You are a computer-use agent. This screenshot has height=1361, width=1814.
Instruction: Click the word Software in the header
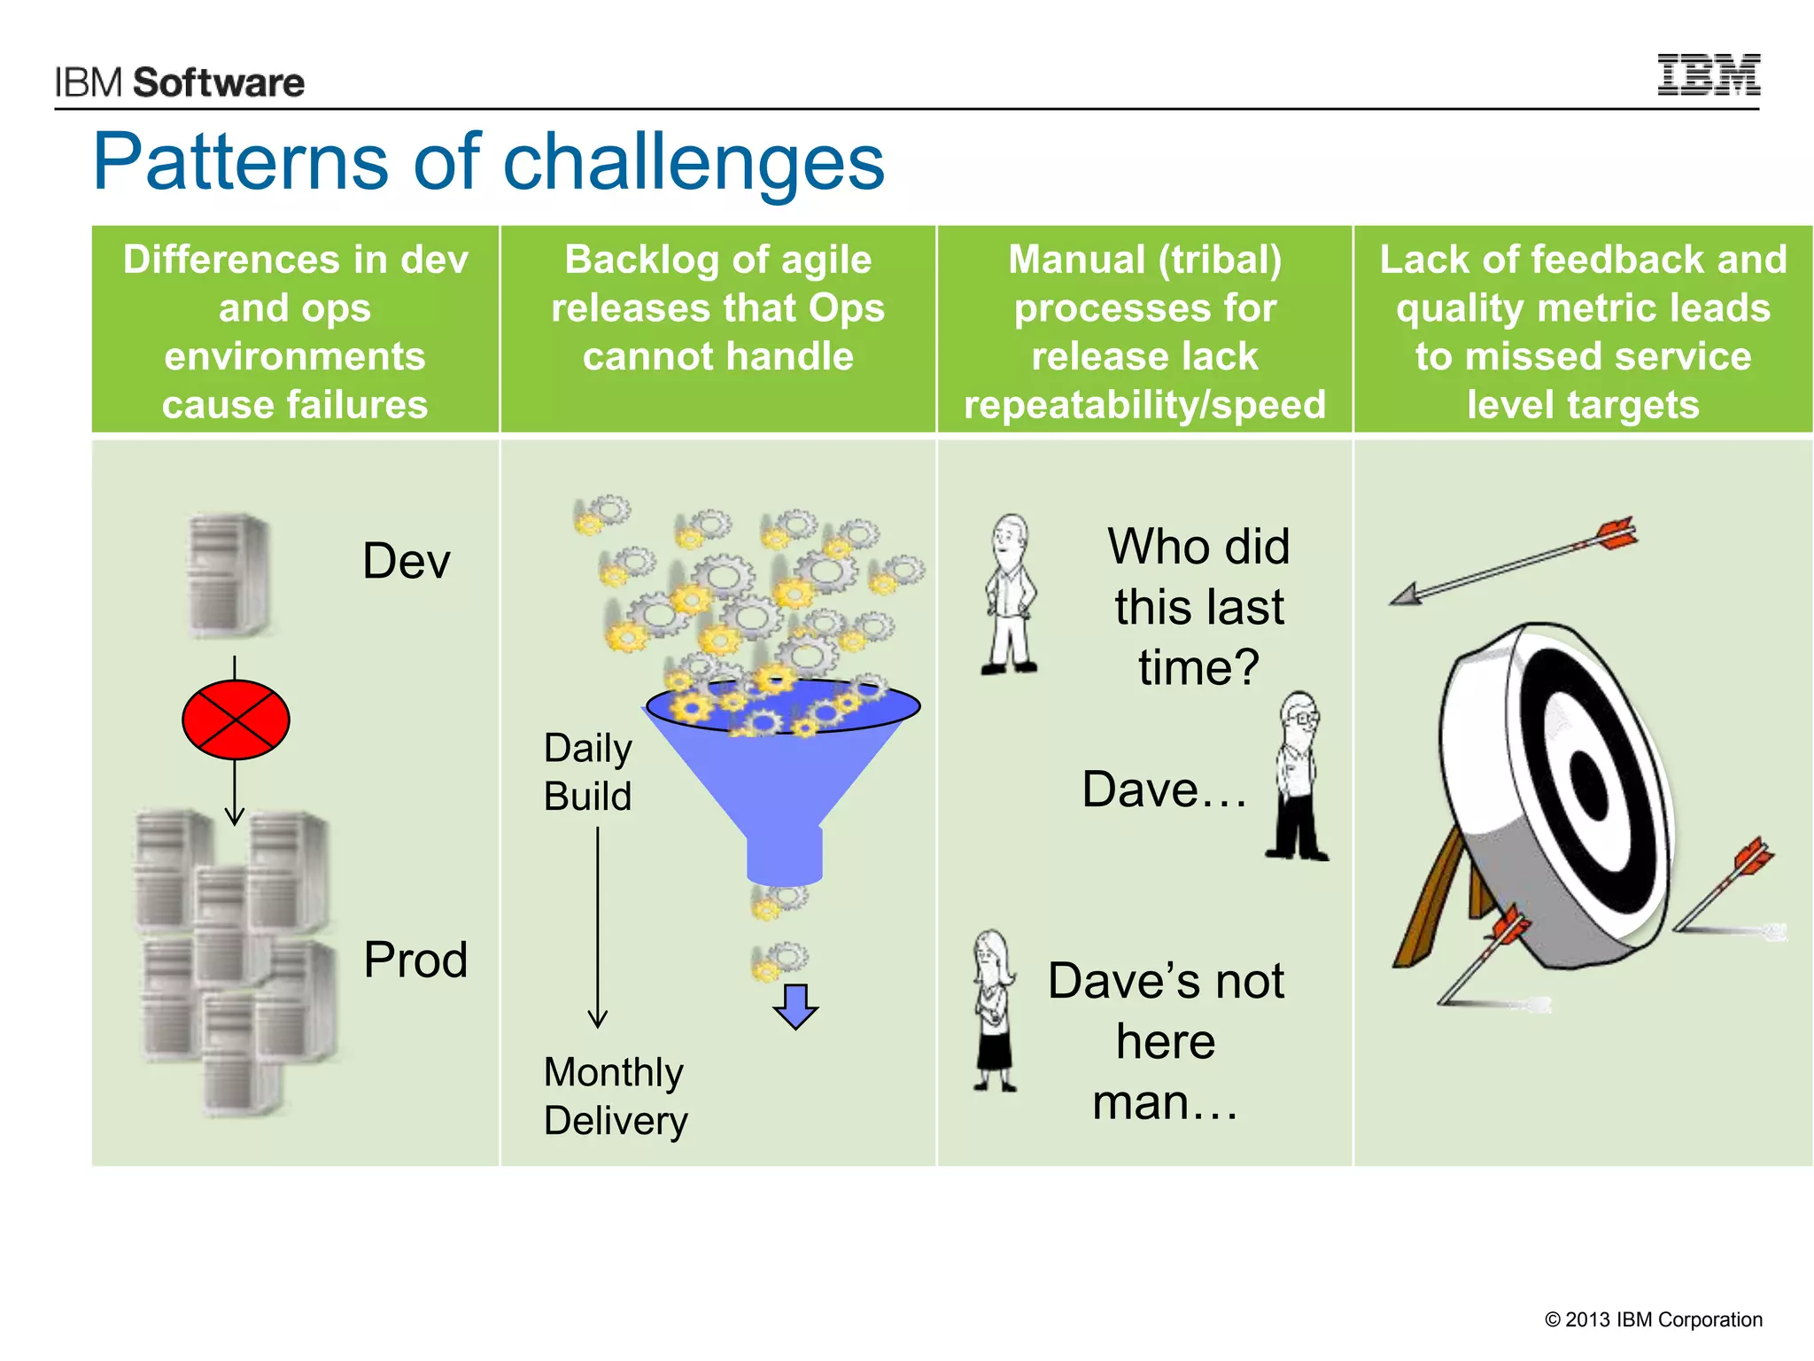pos(218,83)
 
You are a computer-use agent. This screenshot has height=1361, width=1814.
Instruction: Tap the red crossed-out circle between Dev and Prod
pos(236,719)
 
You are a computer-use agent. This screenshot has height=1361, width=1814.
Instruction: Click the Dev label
pos(406,561)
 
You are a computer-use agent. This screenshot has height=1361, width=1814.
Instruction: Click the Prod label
pos(415,960)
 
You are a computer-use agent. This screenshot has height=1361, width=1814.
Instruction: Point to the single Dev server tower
pos(229,574)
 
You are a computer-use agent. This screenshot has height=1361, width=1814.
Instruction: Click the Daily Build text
pos(587,772)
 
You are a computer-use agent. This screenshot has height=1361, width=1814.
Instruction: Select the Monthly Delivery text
pos(615,1096)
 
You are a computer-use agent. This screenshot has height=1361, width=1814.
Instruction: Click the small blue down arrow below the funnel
pos(795,1007)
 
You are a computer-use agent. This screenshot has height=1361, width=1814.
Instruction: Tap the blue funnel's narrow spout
pos(784,855)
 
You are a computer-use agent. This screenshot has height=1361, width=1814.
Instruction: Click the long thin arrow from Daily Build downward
pos(598,926)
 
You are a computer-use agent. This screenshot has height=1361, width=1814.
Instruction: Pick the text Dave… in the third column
pos(1164,789)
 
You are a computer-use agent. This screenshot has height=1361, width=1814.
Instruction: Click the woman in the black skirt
pos(994,1010)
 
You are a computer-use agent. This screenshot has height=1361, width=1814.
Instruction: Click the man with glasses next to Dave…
pos(1298,776)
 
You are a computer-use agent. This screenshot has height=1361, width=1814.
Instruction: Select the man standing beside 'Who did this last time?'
pos(1010,594)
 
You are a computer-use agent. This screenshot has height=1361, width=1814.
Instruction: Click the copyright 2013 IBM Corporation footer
pos(1653,1319)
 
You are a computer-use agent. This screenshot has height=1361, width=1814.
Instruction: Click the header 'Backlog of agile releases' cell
pos(717,308)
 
